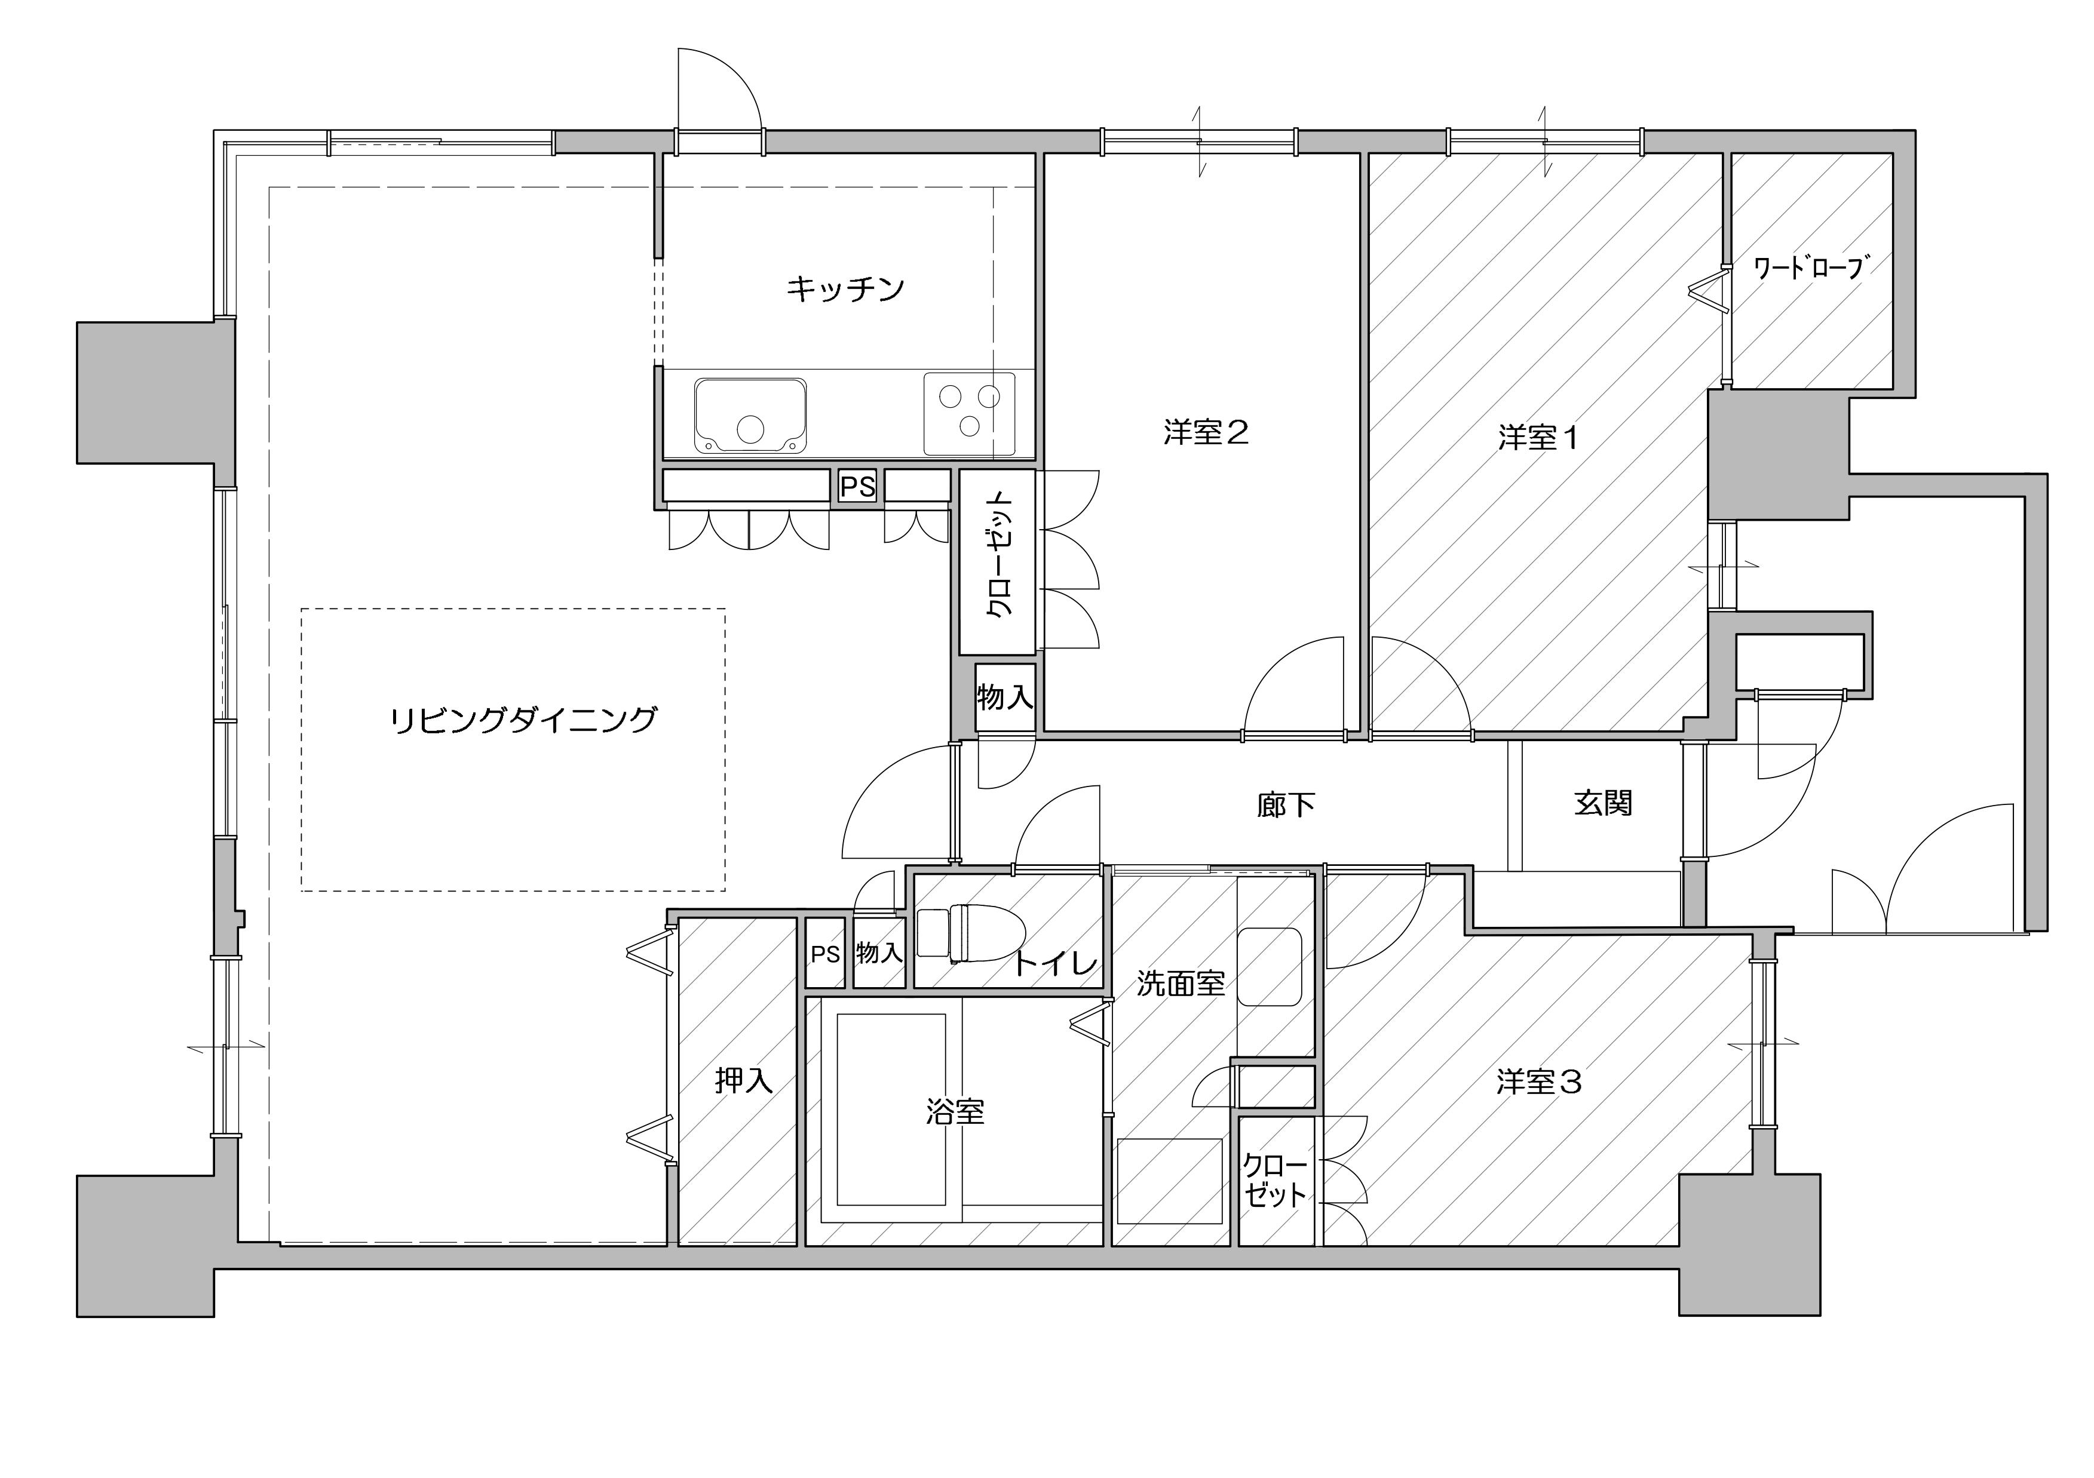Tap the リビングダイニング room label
[523, 720]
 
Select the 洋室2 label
[1206, 432]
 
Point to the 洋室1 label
[1538, 438]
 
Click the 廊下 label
[1286, 805]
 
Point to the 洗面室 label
[1181, 984]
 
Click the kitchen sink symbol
[750, 416]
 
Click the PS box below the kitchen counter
[857, 487]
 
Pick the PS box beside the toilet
[826, 954]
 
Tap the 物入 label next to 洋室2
[1005, 697]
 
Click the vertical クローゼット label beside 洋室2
[1001, 557]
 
